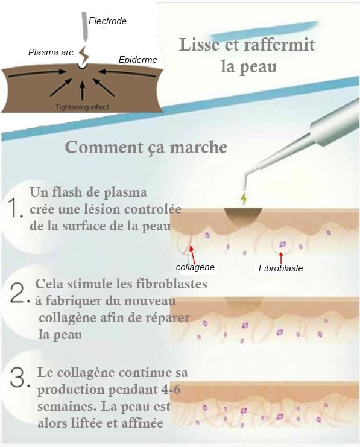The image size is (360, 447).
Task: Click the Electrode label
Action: (x=107, y=21)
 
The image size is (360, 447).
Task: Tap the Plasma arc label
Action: (x=51, y=52)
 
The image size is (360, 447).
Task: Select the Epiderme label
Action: (x=137, y=60)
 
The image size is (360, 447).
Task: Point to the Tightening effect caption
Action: (x=82, y=107)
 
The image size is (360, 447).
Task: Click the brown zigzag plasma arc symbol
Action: (x=83, y=55)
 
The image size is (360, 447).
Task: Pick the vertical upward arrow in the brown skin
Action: (x=83, y=90)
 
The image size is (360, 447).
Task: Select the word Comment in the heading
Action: (x=104, y=147)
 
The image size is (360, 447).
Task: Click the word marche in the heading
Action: (x=198, y=148)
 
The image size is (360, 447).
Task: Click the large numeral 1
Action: (x=16, y=209)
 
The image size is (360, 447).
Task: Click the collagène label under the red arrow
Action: (x=195, y=267)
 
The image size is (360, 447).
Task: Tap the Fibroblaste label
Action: (x=281, y=268)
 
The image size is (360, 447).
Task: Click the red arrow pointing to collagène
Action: (x=193, y=255)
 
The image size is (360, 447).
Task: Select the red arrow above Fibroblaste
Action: (x=281, y=258)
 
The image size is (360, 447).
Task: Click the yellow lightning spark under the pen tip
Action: (x=244, y=199)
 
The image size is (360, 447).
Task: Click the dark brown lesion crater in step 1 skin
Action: (x=242, y=215)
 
